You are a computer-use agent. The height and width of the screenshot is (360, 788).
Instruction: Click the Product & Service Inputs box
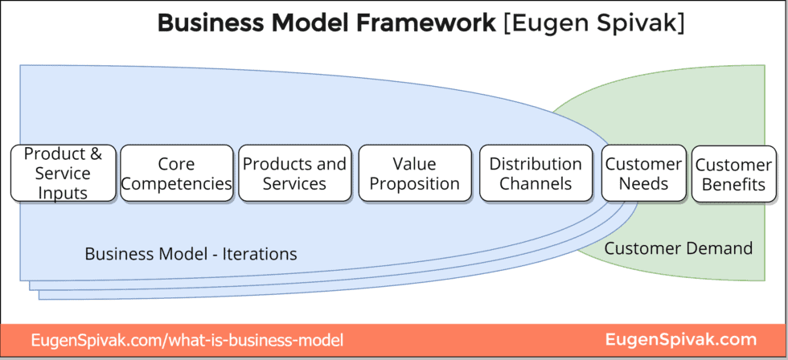(x=63, y=173)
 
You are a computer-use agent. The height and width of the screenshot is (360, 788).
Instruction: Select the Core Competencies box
(x=176, y=173)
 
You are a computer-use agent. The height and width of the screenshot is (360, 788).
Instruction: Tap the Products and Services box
(x=294, y=173)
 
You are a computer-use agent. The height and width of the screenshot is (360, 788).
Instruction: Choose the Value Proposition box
(x=415, y=173)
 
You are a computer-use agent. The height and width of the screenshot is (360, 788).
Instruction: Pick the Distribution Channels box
(x=536, y=173)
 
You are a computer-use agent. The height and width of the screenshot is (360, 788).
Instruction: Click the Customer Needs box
(x=643, y=173)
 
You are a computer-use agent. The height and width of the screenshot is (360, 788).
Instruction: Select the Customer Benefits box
(x=734, y=174)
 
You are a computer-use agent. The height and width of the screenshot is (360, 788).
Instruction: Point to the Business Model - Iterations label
(x=191, y=254)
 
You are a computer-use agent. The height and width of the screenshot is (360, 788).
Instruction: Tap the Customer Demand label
(x=678, y=248)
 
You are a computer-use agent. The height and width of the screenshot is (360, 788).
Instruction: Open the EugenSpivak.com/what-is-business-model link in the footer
(x=187, y=341)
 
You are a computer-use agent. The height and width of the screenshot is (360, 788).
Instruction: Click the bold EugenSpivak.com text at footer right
(x=680, y=340)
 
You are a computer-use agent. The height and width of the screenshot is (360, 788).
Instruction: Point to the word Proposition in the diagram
(x=415, y=183)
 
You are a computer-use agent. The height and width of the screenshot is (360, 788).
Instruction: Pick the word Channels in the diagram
(x=536, y=183)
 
